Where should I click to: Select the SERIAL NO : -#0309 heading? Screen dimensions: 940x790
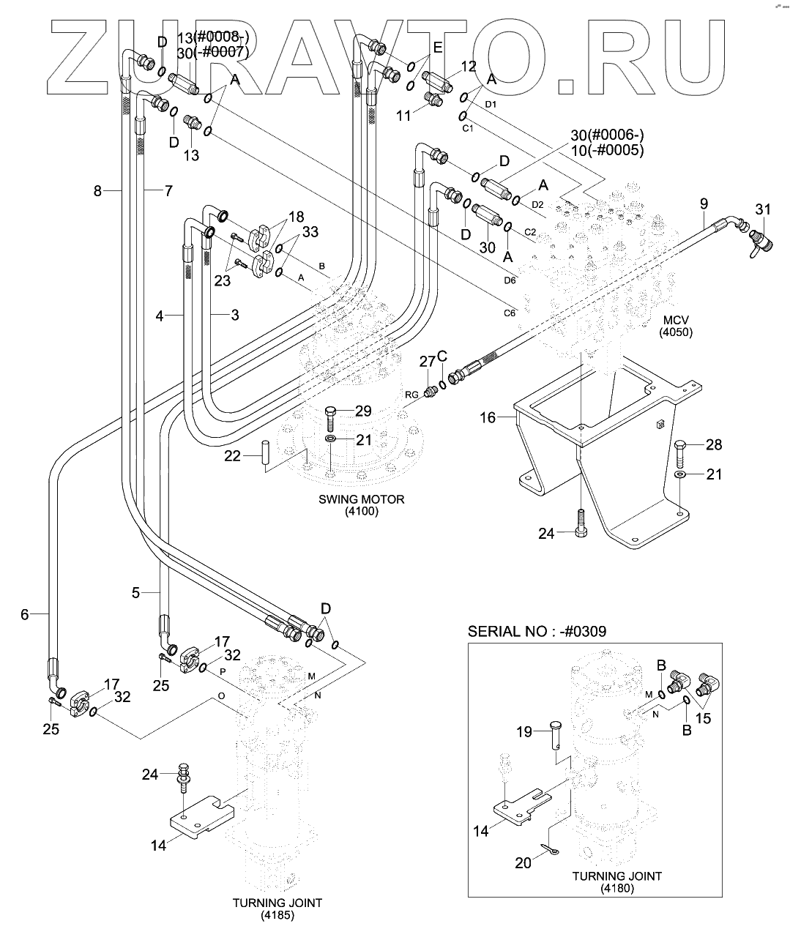[x=537, y=631]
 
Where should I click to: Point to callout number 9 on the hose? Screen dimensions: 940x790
[x=704, y=203]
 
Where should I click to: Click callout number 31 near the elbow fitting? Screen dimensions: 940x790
[x=763, y=210]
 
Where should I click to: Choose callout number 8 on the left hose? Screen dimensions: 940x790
[x=97, y=191]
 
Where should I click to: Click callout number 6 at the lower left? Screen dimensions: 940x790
[x=24, y=615]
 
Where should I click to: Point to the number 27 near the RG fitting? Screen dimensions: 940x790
[x=427, y=361]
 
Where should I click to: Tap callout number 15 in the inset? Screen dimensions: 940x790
[x=703, y=719]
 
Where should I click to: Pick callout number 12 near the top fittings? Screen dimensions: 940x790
[x=469, y=67]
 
